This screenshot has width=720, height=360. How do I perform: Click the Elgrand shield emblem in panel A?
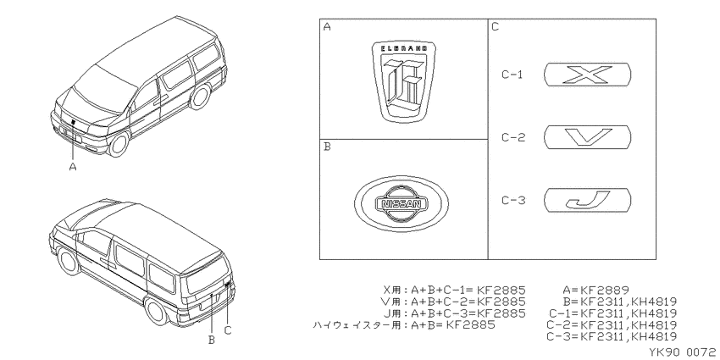tap(403, 82)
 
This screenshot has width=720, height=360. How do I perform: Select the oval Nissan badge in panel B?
tap(402, 204)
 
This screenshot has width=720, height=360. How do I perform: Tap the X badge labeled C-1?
tap(587, 75)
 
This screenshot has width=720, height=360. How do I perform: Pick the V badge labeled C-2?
tap(587, 137)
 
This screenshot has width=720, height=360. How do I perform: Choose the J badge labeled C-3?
tap(587, 200)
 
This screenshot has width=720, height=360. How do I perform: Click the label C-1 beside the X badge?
tap(512, 75)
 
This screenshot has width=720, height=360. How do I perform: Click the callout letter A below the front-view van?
tap(73, 167)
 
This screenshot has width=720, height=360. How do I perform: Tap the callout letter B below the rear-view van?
tap(212, 340)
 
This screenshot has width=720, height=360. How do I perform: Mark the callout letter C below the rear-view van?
tap(228, 330)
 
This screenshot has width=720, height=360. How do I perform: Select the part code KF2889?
tap(604, 291)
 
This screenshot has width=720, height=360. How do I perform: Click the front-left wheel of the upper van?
tap(118, 144)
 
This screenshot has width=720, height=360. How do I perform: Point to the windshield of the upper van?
tap(105, 89)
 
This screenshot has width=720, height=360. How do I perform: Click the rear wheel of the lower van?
tap(157, 310)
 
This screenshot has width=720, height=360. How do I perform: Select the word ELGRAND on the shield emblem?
tap(404, 48)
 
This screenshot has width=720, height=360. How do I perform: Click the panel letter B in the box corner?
tap(327, 147)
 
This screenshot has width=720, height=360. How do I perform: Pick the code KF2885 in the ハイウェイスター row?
tap(471, 325)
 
